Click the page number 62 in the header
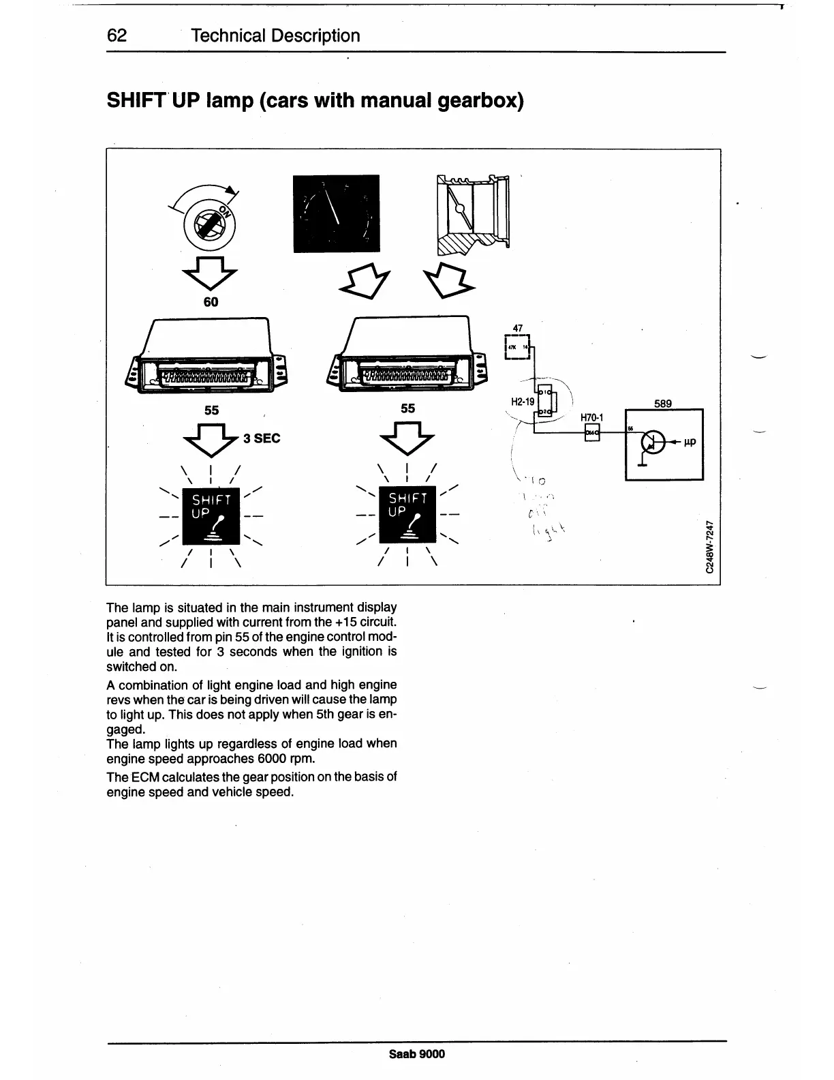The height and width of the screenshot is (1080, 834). pos(117,35)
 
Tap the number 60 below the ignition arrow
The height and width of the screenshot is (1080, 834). pos(211,302)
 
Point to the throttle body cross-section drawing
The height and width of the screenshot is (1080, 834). pos(473,214)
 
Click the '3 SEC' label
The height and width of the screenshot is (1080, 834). pos(262,438)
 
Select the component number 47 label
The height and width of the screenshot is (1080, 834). pos(517,328)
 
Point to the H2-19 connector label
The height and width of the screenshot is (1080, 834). pos(523,402)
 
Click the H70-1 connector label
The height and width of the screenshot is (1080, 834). pos(592,417)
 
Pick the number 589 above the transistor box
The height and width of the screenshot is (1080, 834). pos(663,403)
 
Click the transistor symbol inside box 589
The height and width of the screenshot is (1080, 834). pos(652,443)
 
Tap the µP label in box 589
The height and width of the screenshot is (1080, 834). pos(689,442)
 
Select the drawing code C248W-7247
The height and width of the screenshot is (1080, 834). pos(711,547)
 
